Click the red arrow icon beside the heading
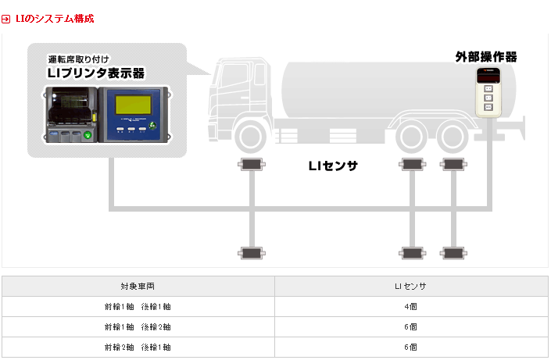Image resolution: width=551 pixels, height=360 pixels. click(x=6, y=19)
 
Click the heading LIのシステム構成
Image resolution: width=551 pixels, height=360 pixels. click(x=55, y=19)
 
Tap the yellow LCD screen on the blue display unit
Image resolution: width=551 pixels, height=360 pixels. click(x=133, y=105)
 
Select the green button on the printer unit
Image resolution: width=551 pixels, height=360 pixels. click(x=88, y=134)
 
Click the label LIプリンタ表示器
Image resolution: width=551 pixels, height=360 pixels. click(x=96, y=73)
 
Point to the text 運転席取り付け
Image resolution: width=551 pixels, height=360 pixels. click(x=79, y=59)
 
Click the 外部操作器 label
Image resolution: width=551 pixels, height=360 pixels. click(x=486, y=57)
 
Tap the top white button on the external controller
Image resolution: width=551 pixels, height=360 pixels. click(x=488, y=88)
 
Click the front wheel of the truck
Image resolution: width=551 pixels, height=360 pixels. click(x=251, y=137)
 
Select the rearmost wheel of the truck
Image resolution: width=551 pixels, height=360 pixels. click(x=453, y=137)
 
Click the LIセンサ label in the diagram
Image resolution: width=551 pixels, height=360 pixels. click(x=333, y=166)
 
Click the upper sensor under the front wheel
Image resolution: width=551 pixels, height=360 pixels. click(x=252, y=164)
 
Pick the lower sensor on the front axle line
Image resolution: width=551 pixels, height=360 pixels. click(x=252, y=253)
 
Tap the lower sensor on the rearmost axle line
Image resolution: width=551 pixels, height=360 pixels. click(x=453, y=253)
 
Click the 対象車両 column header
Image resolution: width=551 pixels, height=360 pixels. click(x=138, y=287)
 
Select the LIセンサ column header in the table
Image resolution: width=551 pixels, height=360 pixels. click(x=410, y=287)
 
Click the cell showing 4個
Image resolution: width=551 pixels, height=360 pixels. click(x=410, y=307)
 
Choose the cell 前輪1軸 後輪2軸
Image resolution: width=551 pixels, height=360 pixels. click(x=138, y=327)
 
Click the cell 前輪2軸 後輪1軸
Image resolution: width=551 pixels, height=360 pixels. click(x=138, y=348)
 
